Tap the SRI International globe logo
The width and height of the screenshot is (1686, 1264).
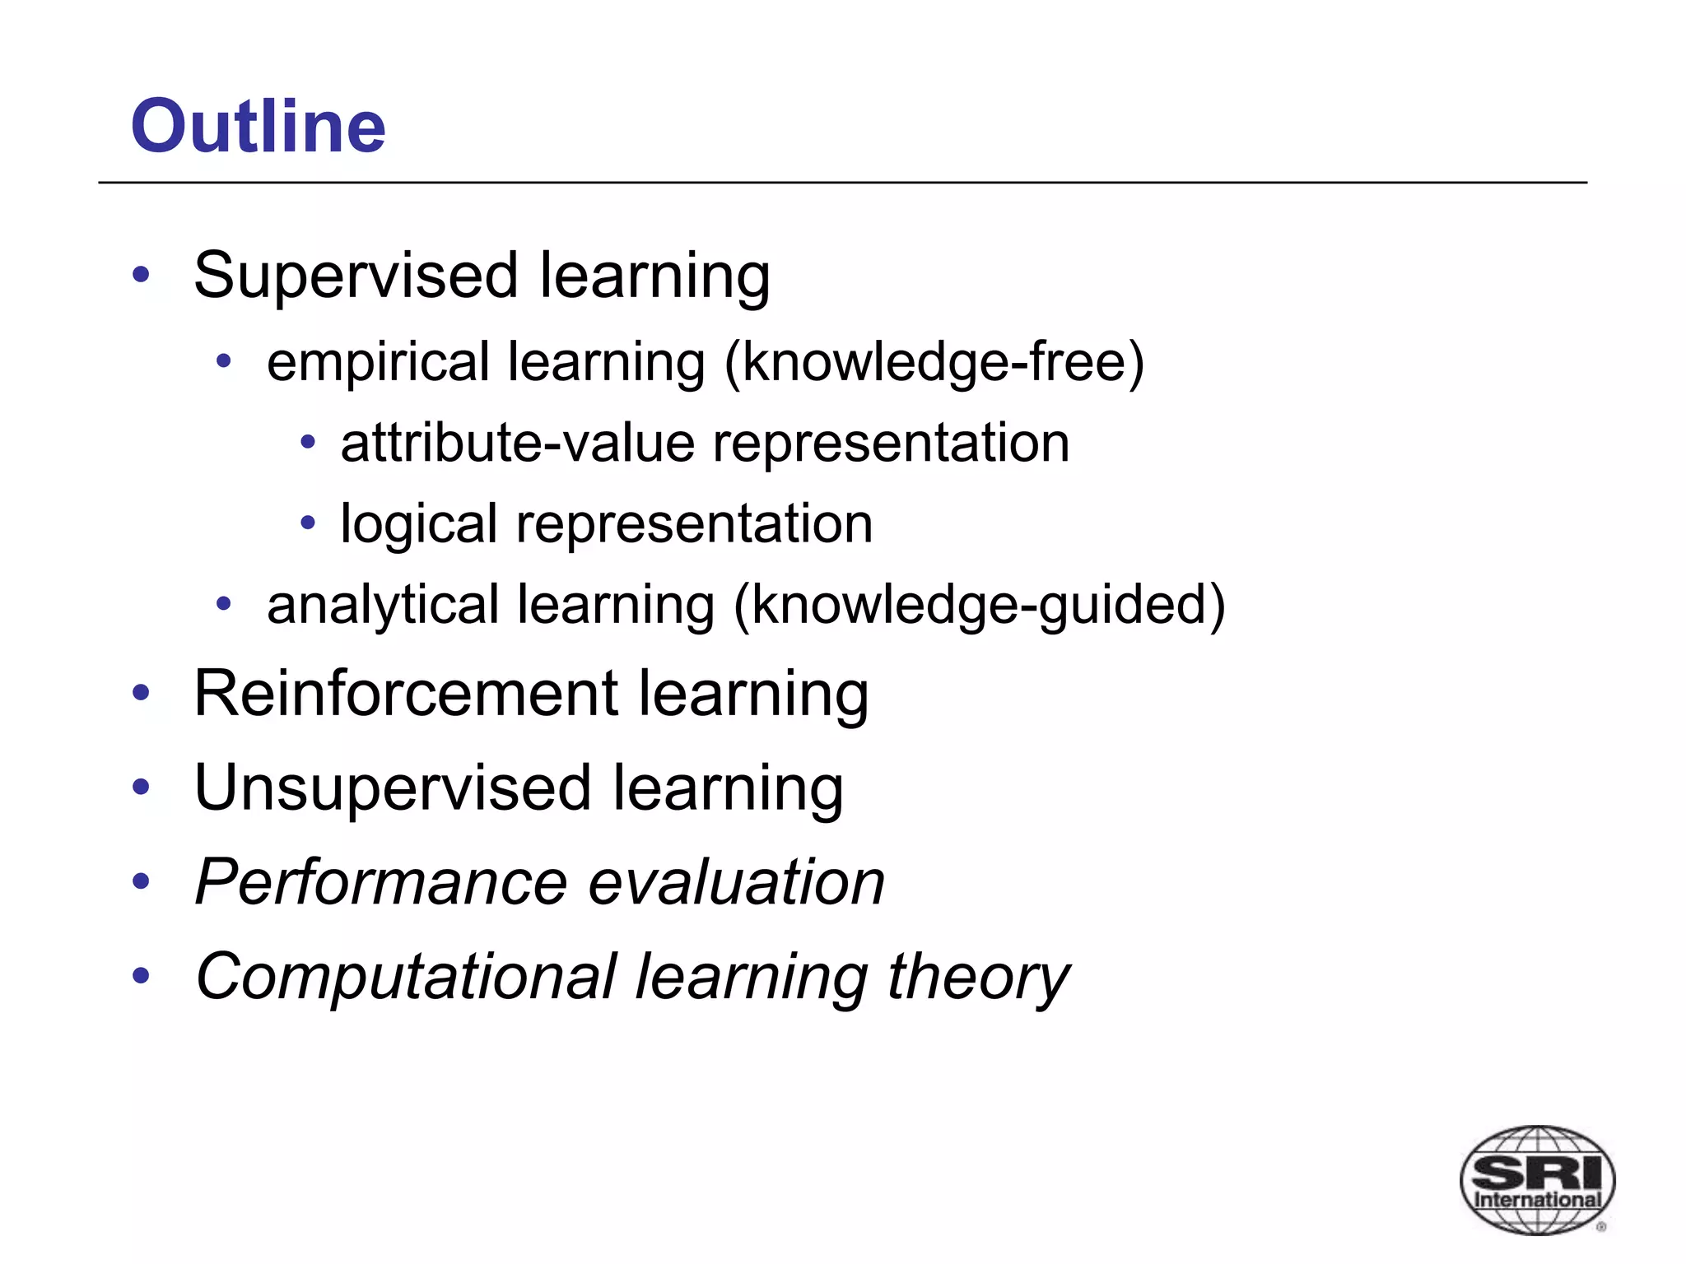1537,1179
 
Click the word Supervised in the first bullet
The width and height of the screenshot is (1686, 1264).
356,275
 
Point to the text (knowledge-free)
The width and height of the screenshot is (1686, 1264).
934,362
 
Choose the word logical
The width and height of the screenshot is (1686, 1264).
418,524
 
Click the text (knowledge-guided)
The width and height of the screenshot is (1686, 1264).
979,604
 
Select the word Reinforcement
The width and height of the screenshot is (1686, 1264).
405,693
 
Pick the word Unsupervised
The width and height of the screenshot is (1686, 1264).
393,788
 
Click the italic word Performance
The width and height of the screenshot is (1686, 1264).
381,882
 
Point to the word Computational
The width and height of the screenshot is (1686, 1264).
406,977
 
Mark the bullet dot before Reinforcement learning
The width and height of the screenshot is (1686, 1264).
142,693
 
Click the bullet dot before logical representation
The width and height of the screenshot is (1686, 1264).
308,522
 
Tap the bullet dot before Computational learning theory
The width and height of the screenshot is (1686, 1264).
142,976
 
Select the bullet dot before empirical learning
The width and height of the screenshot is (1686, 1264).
224,360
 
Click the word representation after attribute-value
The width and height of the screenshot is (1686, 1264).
891,443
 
